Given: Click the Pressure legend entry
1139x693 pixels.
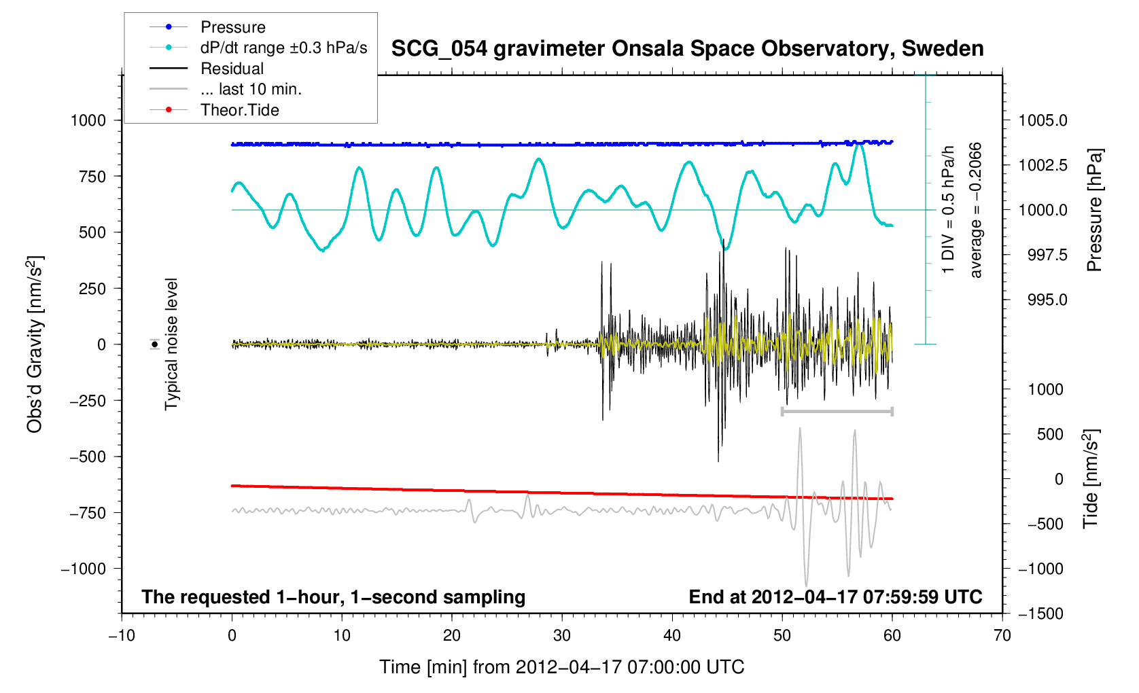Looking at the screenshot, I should coord(232,27).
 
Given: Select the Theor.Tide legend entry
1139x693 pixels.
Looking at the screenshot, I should coord(239,110).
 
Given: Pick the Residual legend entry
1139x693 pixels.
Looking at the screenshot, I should coord(232,69).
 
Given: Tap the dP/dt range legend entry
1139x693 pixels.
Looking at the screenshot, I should coord(283,48).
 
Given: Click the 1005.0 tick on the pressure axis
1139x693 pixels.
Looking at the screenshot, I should coord(1042,121).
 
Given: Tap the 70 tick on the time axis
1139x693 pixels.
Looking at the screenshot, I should coord(1002,636).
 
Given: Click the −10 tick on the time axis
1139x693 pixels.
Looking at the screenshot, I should coord(122,636).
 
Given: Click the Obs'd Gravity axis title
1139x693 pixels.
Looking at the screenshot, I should coord(35,344).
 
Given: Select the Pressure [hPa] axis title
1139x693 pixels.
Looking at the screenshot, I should coord(1094,210).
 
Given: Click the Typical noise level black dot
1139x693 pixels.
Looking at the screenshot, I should coord(155,344).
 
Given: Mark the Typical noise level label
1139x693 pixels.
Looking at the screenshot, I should coord(171,344).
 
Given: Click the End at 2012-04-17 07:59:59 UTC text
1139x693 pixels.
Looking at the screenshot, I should coord(835,597).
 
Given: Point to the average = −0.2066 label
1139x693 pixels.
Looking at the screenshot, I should coord(976,210).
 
